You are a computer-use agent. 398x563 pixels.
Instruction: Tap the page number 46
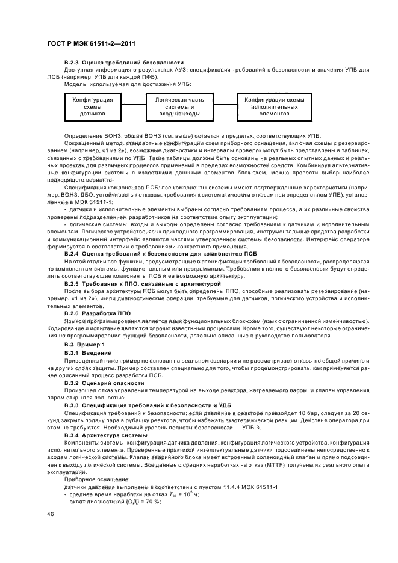[x=49, y=514]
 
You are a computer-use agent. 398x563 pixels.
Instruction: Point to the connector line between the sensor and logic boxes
[x=130, y=106]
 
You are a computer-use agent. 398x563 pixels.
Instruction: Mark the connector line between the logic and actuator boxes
[x=226, y=106]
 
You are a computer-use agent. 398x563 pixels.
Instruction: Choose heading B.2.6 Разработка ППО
[x=97, y=313]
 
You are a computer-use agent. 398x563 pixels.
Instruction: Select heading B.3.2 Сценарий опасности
[x=104, y=382]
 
